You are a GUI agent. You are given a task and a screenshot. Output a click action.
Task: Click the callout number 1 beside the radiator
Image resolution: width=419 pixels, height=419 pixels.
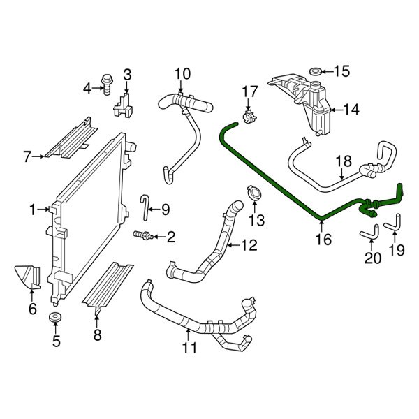pyautogui.click(x=33, y=209)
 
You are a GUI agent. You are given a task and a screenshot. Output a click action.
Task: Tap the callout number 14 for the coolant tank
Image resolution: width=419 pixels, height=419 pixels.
pyautogui.click(x=351, y=109)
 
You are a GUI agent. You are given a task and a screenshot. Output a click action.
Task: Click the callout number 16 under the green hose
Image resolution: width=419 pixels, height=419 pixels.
pyautogui.click(x=321, y=240)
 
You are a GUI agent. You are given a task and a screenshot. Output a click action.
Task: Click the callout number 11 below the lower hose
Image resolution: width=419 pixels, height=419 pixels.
pyautogui.click(x=190, y=347)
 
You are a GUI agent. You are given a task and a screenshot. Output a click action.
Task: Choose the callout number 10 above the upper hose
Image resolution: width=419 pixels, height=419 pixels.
pyautogui.click(x=182, y=73)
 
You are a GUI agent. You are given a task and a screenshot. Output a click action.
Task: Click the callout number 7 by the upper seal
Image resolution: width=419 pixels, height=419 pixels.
pyautogui.click(x=27, y=157)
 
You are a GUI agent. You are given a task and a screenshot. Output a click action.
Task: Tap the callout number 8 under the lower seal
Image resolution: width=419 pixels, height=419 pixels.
pyautogui.click(x=98, y=335)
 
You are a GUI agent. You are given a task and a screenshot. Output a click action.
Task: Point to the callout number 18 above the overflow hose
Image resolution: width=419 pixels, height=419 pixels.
pyautogui.click(x=342, y=161)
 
